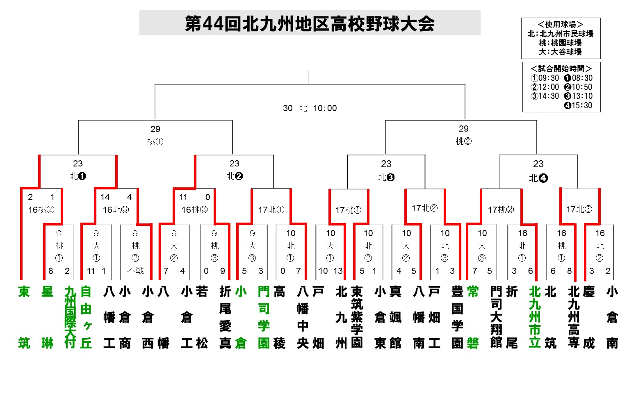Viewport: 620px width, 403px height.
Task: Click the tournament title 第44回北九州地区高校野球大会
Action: (310, 23)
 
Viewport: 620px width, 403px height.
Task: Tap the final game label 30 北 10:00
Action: (310, 108)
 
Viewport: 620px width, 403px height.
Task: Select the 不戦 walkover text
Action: (135, 271)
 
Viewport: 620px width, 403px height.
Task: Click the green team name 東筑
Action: (24, 317)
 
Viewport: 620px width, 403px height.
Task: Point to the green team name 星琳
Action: (48, 317)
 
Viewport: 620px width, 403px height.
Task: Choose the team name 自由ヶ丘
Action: (86, 317)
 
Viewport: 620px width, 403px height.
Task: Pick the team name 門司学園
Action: (264, 317)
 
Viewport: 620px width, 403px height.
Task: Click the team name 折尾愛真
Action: (225, 317)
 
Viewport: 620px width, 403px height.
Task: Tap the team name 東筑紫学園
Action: (357, 317)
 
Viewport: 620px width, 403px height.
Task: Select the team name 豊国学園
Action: (457, 317)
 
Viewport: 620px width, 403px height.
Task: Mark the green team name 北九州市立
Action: (535, 317)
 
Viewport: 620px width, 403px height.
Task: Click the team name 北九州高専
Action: (574, 317)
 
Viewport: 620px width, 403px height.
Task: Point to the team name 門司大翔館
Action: (496, 317)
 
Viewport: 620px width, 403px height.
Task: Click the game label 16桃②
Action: (41, 210)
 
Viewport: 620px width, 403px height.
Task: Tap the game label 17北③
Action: (579, 209)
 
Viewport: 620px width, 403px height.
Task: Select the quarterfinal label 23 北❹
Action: (538, 171)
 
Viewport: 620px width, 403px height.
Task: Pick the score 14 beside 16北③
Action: (105, 197)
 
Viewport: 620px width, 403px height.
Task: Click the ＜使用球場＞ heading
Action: (560, 25)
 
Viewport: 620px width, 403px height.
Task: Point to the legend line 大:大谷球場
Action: (560, 52)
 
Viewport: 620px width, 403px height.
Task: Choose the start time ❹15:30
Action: (578, 105)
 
